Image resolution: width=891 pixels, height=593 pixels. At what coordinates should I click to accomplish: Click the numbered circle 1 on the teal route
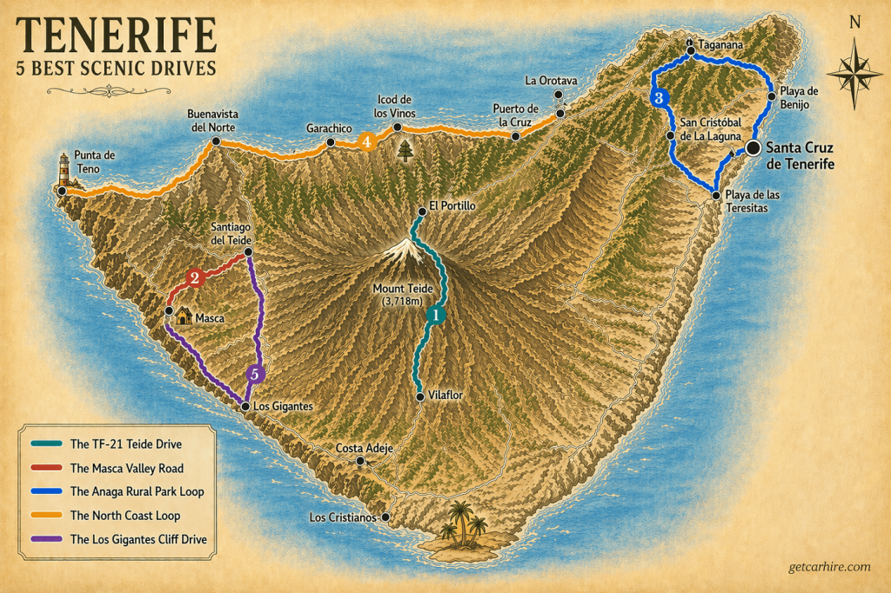pos(435,315)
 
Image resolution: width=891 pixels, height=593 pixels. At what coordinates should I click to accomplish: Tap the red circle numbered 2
pos(195,278)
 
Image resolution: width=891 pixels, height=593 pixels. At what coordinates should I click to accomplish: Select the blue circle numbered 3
pos(659,97)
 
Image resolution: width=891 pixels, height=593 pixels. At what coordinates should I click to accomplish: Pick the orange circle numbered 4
pos(367,141)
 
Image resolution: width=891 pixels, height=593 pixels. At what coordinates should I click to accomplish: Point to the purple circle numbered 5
pos(255,375)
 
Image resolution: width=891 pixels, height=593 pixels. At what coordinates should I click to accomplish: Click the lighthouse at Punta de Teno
pos(64,171)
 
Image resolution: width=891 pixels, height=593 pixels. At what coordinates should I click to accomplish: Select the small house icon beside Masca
pos(184,316)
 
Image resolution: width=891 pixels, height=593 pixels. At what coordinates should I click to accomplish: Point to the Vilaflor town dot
pos(420,396)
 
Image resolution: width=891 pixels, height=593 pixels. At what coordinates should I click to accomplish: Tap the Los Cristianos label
pos(343,518)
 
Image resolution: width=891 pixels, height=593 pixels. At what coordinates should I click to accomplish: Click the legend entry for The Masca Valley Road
pos(126,468)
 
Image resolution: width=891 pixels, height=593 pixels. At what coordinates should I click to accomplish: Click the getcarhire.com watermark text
pos(824,566)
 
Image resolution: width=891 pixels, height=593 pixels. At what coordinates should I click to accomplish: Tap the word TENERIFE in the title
pos(116,35)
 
